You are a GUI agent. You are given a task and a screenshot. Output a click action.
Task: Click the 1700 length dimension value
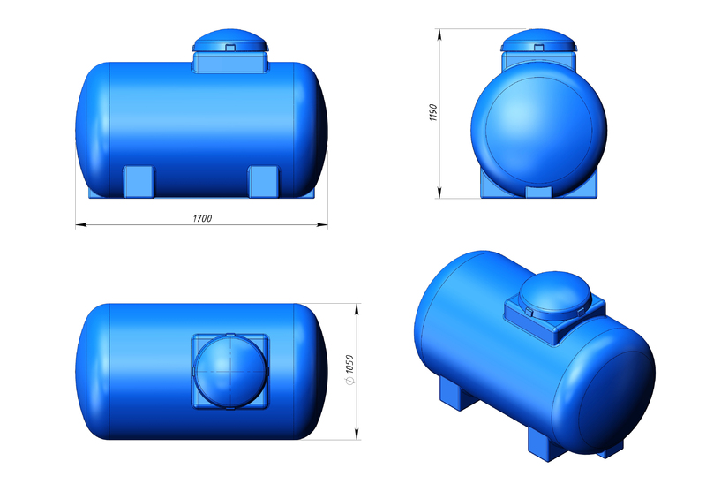tap(202, 219)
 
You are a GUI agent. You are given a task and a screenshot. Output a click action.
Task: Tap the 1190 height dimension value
tap(433, 112)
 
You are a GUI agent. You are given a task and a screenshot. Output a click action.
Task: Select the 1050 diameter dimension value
tap(349, 364)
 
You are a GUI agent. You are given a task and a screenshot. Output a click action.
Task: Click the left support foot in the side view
tap(139, 182)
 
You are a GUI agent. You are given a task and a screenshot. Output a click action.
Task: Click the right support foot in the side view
tap(264, 182)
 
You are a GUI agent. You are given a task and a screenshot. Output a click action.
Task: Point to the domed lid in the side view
tap(230, 40)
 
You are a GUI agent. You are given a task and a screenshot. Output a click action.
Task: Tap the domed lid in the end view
tap(538, 40)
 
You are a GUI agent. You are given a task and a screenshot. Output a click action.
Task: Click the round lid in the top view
tap(230, 372)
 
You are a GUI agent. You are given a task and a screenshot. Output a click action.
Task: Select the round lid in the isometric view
tap(554, 295)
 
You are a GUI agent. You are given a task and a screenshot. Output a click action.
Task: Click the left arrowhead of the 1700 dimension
tap(80, 224)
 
